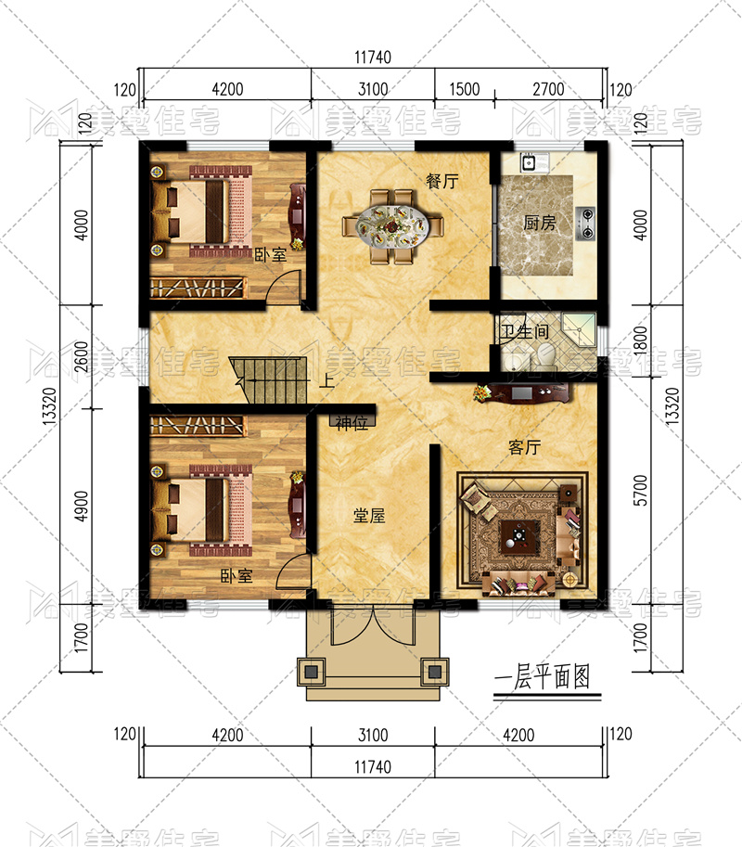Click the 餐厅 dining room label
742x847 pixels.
click(x=442, y=181)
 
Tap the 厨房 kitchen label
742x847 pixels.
click(x=539, y=223)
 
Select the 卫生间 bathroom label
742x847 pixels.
click(x=523, y=331)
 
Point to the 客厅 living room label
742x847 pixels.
click(x=524, y=447)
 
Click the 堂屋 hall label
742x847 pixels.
click(x=369, y=516)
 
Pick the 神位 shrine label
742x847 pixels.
click(x=352, y=422)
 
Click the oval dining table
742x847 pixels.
click(x=392, y=225)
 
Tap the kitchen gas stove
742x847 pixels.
click(x=585, y=224)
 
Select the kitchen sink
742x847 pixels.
click(x=529, y=162)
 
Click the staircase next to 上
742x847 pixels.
click(x=269, y=379)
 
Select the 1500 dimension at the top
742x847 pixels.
click(x=465, y=89)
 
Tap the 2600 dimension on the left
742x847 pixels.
click(x=81, y=356)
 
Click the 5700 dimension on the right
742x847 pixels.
click(x=641, y=490)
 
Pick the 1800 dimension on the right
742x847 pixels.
click(x=641, y=340)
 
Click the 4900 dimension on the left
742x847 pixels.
click(x=81, y=506)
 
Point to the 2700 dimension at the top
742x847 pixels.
click(x=548, y=89)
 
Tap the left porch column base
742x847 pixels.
click(x=311, y=672)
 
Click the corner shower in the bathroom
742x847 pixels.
click(x=579, y=327)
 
